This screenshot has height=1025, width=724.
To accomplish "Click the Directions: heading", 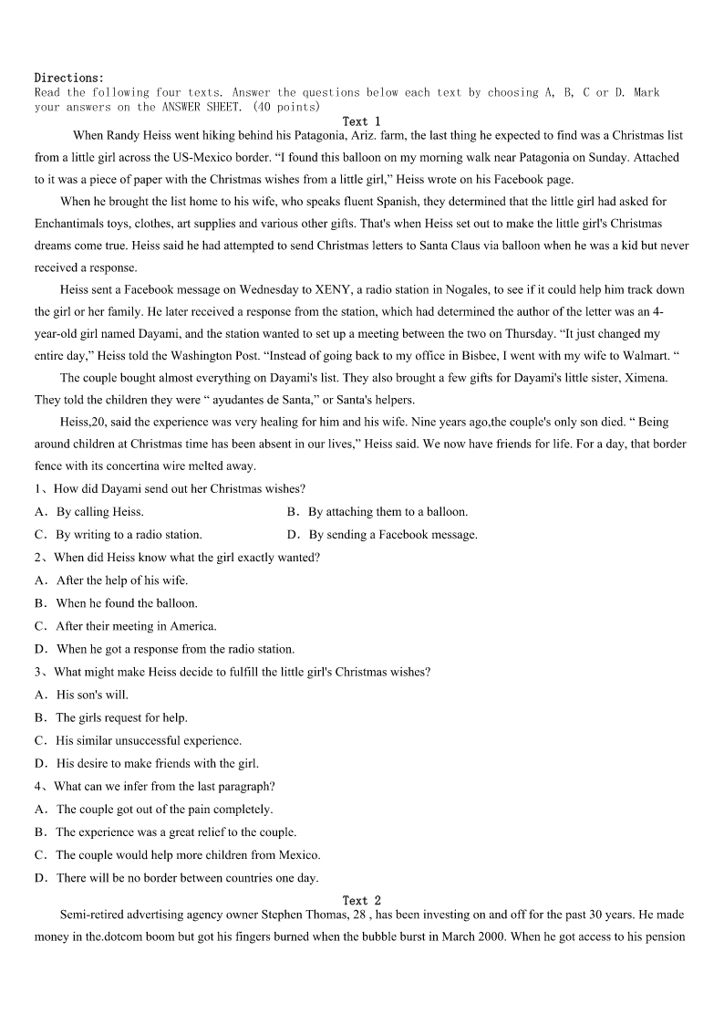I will (69, 78).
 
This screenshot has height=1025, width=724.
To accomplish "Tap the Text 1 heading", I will (361, 121).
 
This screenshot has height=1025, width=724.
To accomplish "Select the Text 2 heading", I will (361, 901).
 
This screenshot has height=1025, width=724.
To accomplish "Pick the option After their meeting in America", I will (136, 626).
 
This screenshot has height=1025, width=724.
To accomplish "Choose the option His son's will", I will (92, 695).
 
